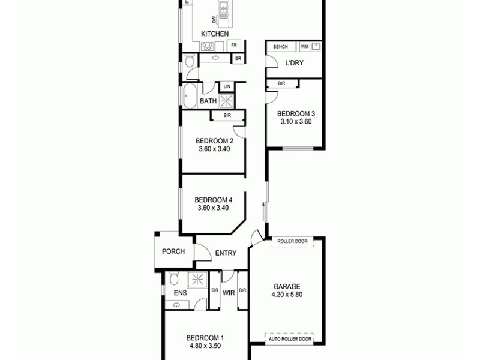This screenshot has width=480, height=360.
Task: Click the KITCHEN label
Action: (x=214, y=34)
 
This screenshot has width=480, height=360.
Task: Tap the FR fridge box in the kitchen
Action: (x=235, y=46)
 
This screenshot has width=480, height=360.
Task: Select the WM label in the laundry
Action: (x=304, y=47)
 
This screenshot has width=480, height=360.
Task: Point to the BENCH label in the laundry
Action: (x=280, y=47)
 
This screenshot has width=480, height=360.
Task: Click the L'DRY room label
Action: (x=294, y=63)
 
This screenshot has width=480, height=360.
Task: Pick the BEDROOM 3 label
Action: (x=295, y=113)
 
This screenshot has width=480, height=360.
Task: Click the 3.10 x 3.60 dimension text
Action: (x=295, y=122)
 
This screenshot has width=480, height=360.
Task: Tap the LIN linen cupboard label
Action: (x=227, y=87)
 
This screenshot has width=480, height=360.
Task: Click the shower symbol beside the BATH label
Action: (x=227, y=101)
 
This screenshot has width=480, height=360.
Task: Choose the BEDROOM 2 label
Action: (x=214, y=142)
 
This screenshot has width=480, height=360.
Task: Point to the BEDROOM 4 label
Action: (x=214, y=200)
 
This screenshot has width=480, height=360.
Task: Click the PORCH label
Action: (x=173, y=252)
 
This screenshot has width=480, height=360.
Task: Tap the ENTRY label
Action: (x=225, y=253)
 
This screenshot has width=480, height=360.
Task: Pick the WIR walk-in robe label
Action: (x=228, y=293)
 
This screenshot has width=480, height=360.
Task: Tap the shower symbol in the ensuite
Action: (x=196, y=279)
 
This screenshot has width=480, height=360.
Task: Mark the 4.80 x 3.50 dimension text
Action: (x=205, y=345)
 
